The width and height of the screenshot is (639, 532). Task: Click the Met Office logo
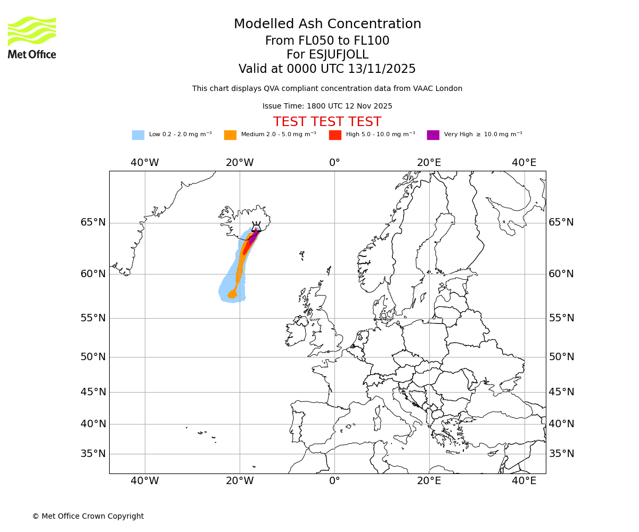tap(32, 37)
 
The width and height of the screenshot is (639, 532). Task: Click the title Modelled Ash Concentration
tap(327, 24)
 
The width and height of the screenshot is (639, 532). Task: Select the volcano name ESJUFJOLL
tap(327, 55)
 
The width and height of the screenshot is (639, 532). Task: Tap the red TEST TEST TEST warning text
tap(327, 122)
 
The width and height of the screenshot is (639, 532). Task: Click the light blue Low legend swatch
tap(138, 135)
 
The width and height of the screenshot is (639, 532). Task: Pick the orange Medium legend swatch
tap(230, 135)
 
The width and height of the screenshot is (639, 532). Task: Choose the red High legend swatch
tap(335, 135)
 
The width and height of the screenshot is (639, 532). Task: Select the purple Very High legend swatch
tap(433, 135)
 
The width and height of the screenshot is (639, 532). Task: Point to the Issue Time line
tap(327, 106)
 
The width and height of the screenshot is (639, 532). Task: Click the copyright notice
tap(88, 516)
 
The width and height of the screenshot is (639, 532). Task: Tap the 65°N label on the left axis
tap(93, 222)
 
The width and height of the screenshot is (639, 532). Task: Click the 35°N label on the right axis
tap(561, 454)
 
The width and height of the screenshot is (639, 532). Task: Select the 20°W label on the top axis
tap(240, 163)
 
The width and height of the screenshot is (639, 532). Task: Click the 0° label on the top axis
tap(334, 163)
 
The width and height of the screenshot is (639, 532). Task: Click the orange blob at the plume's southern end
tap(233, 294)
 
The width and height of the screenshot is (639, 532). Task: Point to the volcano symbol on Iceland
tap(256, 226)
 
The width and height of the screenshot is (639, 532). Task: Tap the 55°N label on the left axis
tap(93, 318)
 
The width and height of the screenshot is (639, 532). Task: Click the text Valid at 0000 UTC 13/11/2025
tap(327, 69)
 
